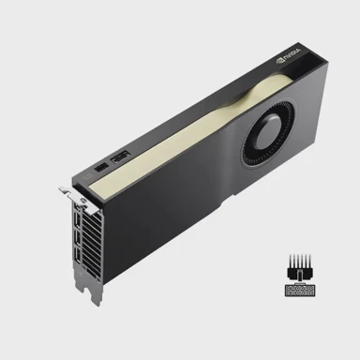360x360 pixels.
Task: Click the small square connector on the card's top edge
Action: coord(100,172)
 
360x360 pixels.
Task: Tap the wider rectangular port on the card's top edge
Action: coord(120,165)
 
